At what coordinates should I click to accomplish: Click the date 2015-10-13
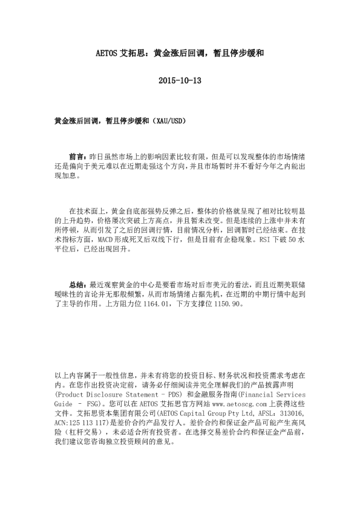(180, 80)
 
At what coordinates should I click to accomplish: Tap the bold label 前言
(77, 156)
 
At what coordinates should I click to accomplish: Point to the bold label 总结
(77, 284)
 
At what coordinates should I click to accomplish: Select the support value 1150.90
(227, 305)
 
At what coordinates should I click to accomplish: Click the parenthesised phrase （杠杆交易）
(78, 433)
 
